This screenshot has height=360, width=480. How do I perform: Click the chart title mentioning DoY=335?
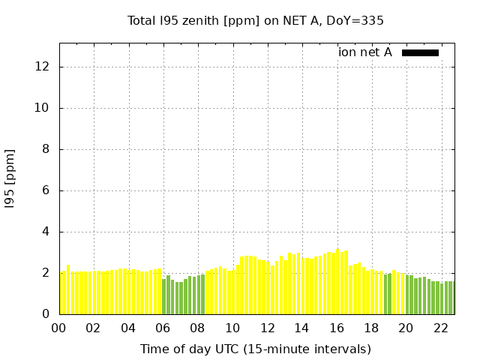pos(256,21)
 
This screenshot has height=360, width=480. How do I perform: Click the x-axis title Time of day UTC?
pos(256,349)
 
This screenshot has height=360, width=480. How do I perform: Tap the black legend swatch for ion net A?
pos(420,52)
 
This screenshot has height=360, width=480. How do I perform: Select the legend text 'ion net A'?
pos(365,52)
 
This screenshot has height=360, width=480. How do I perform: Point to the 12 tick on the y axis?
pos(43,67)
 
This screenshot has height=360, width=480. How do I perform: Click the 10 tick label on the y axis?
pos(43,108)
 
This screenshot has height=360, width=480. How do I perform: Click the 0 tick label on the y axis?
pos(46,314)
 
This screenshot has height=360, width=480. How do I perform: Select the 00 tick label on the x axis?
pos(59,328)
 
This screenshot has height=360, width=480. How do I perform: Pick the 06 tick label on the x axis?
pos(163,328)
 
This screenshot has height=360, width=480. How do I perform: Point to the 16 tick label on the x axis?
pos(336,328)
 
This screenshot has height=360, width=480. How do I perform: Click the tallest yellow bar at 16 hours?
pos(337,282)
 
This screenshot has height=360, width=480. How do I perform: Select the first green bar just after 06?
pos(164,296)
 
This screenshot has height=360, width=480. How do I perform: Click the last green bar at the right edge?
pos(451,298)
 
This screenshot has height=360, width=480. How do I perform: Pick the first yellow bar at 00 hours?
pos(64,292)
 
